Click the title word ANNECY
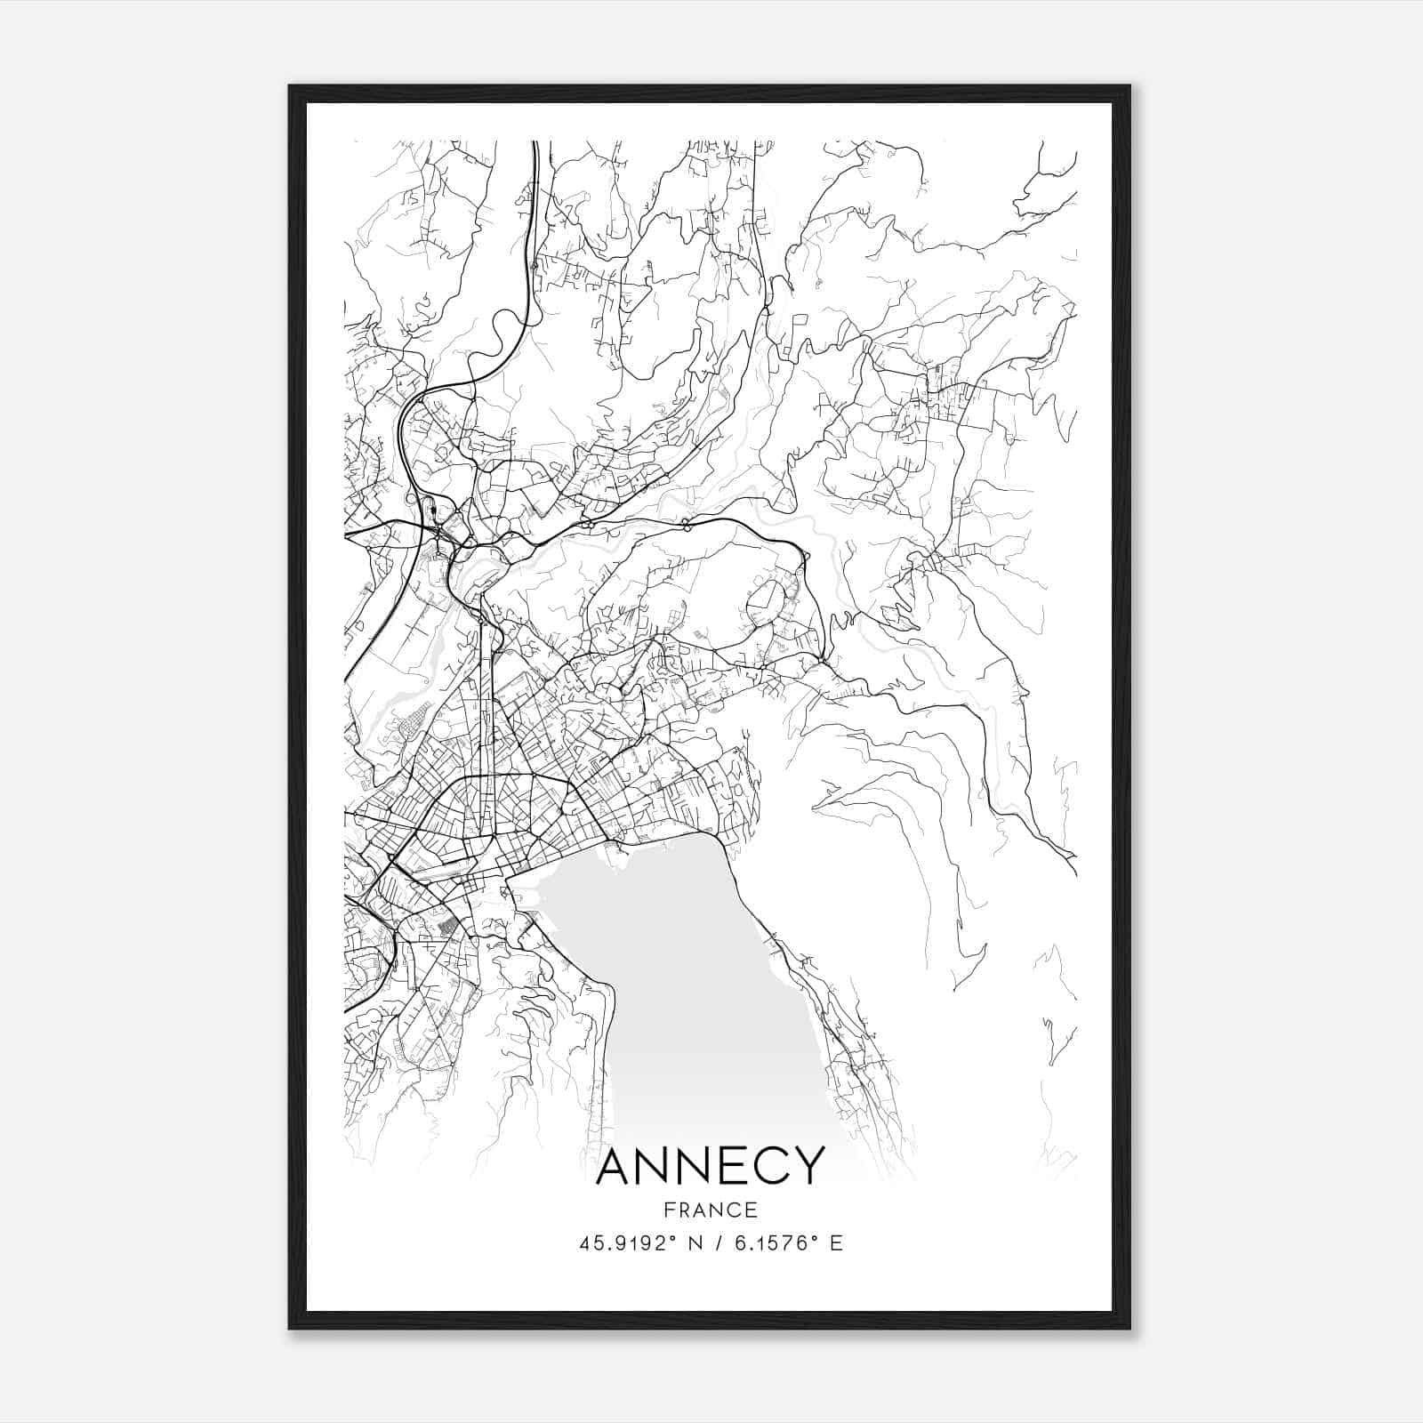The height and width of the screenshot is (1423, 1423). coord(710,1166)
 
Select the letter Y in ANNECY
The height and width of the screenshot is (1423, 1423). coord(808,1166)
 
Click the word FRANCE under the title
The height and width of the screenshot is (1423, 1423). coord(710,1210)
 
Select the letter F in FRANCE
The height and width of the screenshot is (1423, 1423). coord(667,1210)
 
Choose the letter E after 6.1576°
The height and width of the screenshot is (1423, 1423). coord(836,1242)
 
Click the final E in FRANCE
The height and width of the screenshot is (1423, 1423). coord(752,1210)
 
